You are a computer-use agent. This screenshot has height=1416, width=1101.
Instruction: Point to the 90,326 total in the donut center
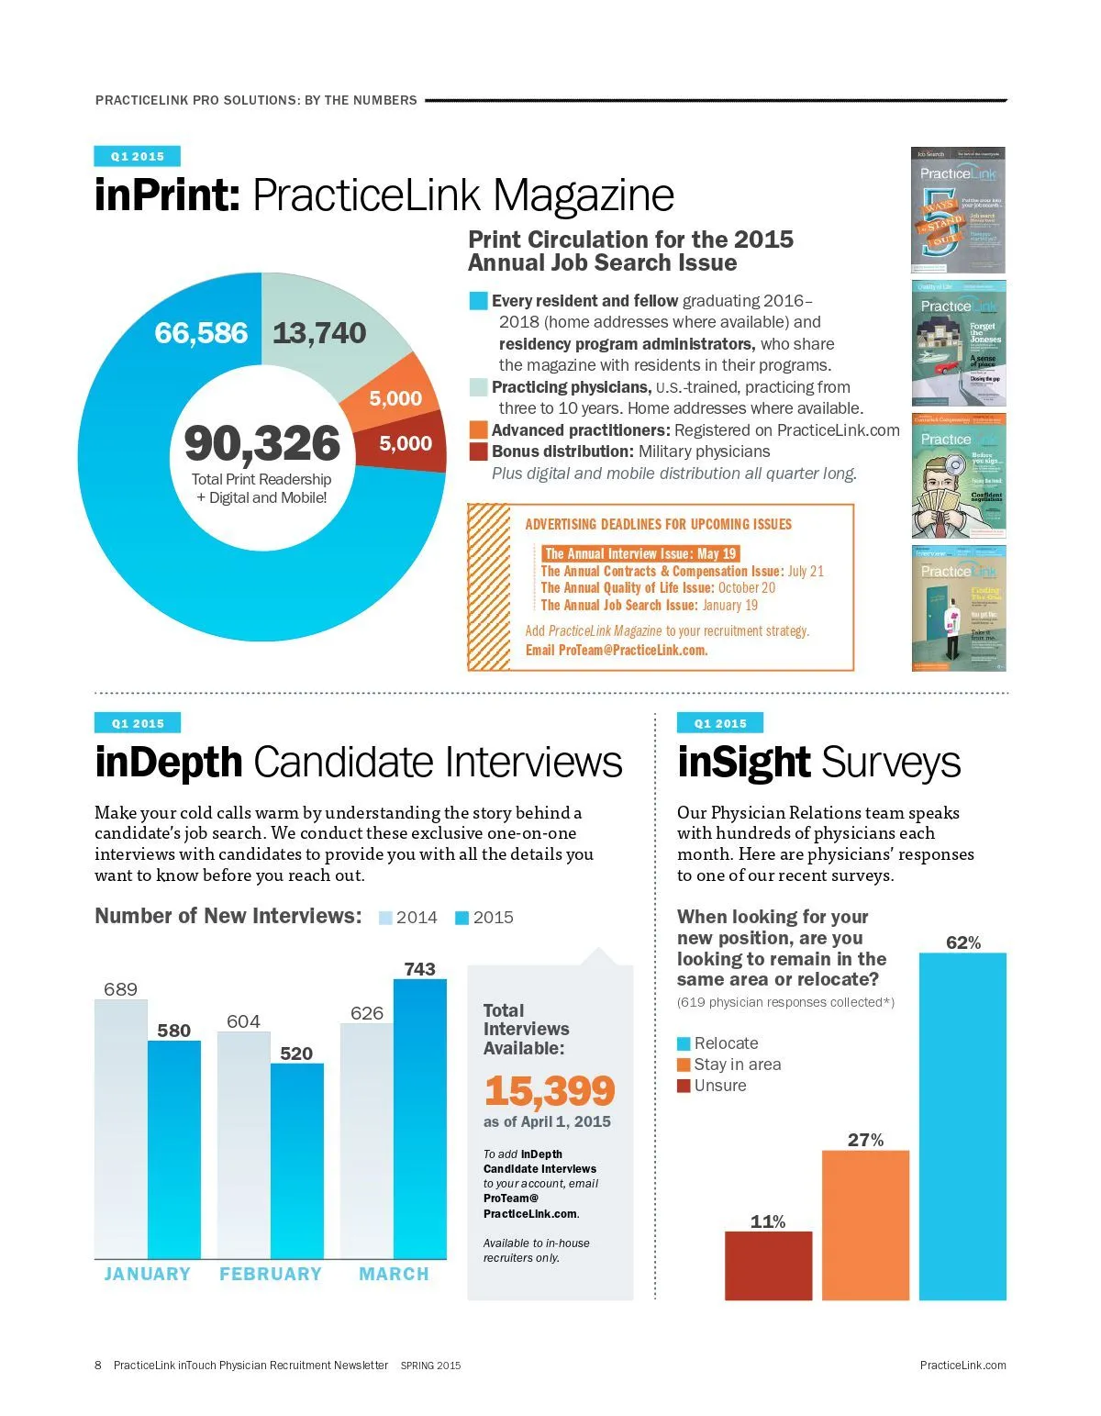coord(262,443)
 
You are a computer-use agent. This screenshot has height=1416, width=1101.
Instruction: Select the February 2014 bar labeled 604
coord(244,1147)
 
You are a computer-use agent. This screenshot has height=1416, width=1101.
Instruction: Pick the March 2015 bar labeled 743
coord(420,1120)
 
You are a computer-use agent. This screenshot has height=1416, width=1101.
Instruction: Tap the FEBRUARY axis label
coord(271,1274)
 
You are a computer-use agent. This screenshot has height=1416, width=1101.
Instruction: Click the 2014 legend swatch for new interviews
coord(385,918)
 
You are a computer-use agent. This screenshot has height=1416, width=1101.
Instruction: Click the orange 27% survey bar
coord(865,1225)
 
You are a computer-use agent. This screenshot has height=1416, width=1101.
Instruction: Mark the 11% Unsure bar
coord(768,1265)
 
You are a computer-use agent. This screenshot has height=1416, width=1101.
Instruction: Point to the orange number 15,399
coord(550,1091)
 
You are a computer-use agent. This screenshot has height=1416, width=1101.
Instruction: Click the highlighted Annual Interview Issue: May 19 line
coord(639,553)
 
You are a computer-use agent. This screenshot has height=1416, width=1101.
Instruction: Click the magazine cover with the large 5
coord(958,210)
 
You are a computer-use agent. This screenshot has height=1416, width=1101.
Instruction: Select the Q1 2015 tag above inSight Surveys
coord(720,723)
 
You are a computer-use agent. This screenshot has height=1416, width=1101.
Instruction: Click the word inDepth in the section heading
coord(169,763)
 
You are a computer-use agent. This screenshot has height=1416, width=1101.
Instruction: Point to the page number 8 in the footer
coord(98,1365)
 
